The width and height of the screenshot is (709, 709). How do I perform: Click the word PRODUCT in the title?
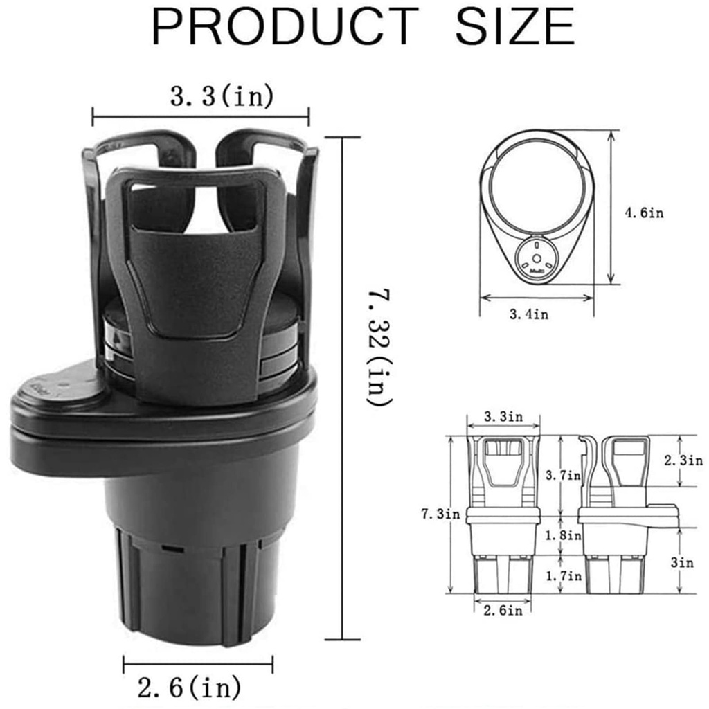pos(285,26)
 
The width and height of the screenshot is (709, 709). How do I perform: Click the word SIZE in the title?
pos(515,26)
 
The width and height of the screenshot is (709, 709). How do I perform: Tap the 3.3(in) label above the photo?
pos(222,96)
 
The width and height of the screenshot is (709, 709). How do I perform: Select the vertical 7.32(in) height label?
pos(379,348)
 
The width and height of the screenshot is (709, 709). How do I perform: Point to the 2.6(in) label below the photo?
pos(190,688)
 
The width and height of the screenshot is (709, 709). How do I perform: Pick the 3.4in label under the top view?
pos(529,314)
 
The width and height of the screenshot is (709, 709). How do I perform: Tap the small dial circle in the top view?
pos(537,259)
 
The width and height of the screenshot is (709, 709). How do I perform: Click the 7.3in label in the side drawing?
pos(440,514)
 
